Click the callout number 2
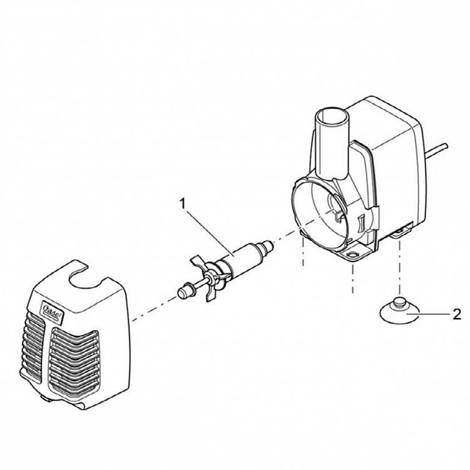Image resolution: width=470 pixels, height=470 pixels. [457, 314]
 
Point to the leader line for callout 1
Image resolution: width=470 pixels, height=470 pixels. [210, 232]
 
